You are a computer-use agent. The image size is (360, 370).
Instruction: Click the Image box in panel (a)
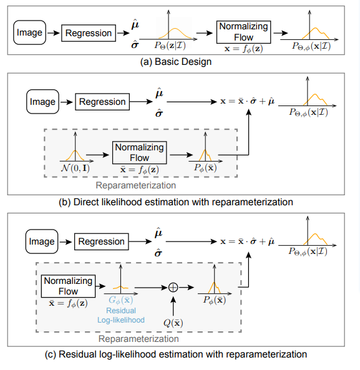[30, 32]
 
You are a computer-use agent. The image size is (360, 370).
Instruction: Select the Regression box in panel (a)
[89, 32]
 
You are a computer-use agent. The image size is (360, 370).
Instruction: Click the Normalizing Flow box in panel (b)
[140, 152]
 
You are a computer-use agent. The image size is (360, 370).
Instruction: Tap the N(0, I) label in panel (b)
[75, 169]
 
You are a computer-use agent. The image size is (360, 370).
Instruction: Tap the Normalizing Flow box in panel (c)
[68, 286]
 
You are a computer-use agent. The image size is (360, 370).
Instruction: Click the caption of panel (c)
[177, 354]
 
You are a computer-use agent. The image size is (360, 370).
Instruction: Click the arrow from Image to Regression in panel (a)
[54, 32]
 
